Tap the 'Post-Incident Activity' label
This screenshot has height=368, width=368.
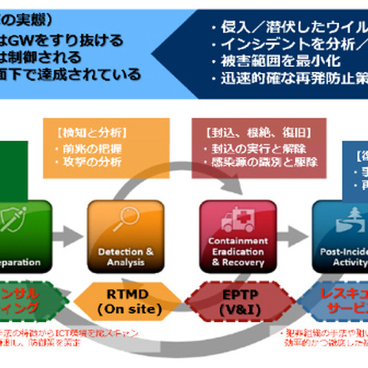coord(341,256)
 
